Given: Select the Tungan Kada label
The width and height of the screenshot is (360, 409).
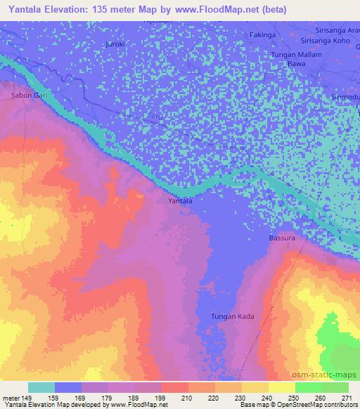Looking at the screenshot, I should click(x=231, y=317).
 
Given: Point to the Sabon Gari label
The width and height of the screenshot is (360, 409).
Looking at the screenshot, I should click(x=25, y=94).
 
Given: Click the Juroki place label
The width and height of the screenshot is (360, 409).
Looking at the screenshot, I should click(x=115, y=44).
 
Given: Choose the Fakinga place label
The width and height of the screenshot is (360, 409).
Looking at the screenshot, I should click(x=263, y=34).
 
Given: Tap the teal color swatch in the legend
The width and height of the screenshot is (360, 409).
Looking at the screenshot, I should click(x=41, y=387).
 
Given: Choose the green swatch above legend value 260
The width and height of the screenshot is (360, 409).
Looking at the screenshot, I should click(x=308, y=387).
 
